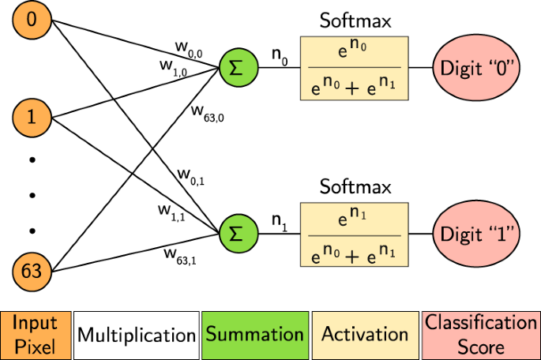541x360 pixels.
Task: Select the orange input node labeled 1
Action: tap(31, 119)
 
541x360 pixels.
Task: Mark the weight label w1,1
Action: tap(171, 212)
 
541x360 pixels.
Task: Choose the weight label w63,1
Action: tap(182, 255)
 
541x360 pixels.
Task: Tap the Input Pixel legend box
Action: tap(36, 334)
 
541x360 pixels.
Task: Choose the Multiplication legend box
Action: tap(136, 334)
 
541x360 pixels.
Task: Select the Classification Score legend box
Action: tap(481, 334)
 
